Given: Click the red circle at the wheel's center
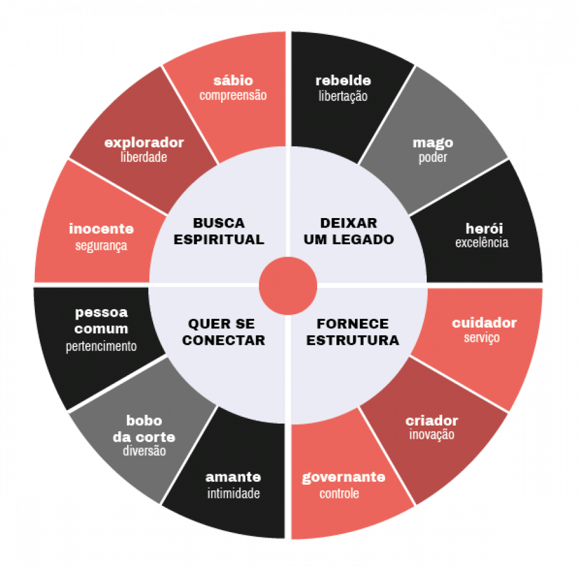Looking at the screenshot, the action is click(x=288, y=286).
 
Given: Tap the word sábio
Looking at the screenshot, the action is click(x=233, y=80).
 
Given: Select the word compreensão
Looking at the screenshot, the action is click(x=233, y=95).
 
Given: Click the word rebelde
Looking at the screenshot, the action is click(x=343, y=80).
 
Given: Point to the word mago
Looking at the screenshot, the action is click(x=433, y=143).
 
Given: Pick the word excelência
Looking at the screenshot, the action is click(x=482, y=242).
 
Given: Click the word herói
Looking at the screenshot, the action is click(x=485, y=229).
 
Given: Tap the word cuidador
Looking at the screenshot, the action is click(x=485, y=323).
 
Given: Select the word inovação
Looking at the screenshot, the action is click(x=432, y=435).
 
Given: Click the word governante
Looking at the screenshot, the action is click(x=344, y=477).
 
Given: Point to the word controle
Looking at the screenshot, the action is click(x=339, y=493).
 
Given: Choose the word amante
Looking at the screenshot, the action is click(x=233, y=477).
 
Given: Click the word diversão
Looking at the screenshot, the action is click(x=144, y=450).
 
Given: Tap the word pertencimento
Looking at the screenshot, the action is click(x=102, y=346).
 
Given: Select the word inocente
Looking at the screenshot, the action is click(x=102, y=229).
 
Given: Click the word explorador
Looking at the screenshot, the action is click(x=144, y=143).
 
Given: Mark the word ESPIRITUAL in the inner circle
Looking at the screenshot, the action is click(x=219, y=240).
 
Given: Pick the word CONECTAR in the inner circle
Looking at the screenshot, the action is click(x=224, y=340).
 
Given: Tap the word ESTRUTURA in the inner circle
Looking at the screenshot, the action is click(x=353, y=340).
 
